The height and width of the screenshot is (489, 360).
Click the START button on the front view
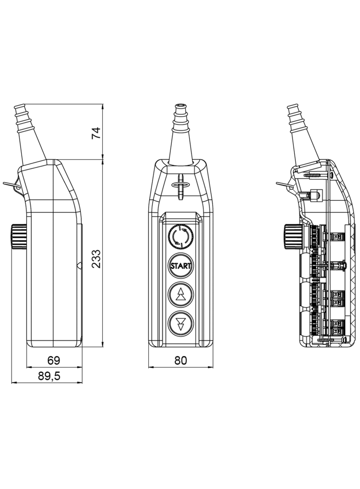[181, 266]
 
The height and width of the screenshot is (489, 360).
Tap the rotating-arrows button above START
[181, 237]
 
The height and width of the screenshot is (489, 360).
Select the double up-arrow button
[181, 295]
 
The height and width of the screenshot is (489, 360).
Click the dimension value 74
[96, 133]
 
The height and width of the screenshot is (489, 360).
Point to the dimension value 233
[96, 259]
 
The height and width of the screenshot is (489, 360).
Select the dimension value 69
[54, 360]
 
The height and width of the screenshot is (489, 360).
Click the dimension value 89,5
[49, 376]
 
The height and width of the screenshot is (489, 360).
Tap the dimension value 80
[181, 360]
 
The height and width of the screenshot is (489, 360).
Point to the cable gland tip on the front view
[181, 110]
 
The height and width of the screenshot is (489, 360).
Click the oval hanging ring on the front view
[181, 185]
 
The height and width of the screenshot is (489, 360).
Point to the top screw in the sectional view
[317, 175]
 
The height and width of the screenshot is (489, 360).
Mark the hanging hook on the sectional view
[285, 185]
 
